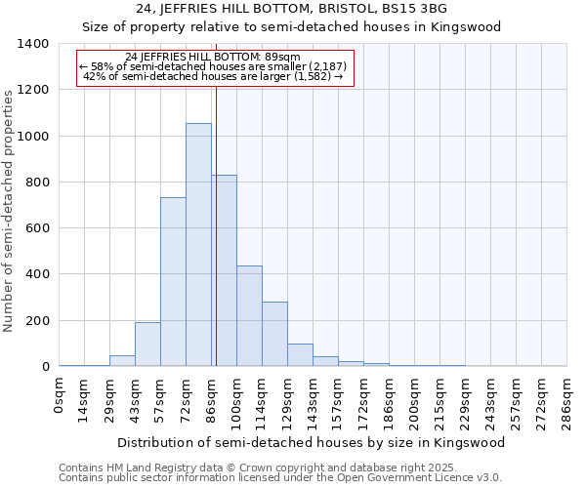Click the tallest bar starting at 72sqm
(198, 245)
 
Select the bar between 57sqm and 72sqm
(173, 282)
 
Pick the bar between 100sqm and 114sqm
(249, 316)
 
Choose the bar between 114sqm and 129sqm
(274, 334)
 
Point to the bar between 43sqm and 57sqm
(147, 345)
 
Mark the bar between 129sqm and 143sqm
(300, 355)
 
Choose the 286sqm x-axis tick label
(566, 401)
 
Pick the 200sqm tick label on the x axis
(415, 401)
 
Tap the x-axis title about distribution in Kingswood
(312, 442)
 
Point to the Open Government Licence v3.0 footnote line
(280, 478)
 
